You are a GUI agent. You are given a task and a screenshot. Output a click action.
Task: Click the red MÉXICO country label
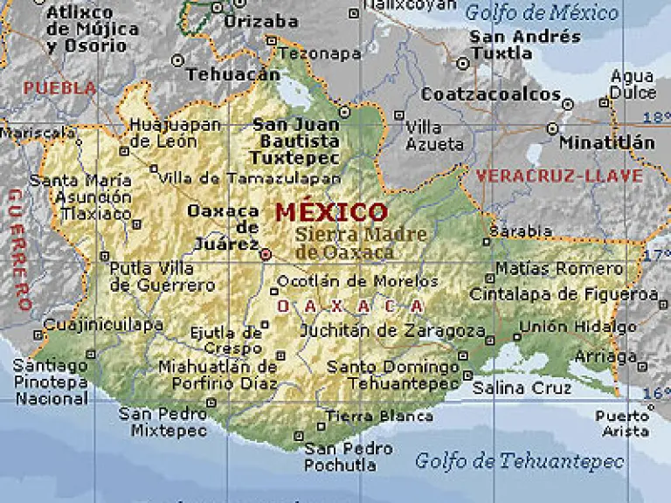331,212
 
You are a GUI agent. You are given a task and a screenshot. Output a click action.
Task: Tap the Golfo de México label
541,12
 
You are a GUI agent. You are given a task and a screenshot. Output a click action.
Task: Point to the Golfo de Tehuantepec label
519,460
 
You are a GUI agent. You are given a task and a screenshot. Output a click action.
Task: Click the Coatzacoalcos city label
491,94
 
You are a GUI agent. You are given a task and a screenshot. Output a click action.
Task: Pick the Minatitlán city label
606,141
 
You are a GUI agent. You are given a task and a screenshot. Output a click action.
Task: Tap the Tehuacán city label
232,74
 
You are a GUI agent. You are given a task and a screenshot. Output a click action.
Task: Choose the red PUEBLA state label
59,88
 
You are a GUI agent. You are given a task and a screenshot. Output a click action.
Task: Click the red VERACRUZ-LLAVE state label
559,176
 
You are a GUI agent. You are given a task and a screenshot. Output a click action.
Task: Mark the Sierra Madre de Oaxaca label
359,244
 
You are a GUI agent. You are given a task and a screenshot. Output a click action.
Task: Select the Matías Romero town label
559,268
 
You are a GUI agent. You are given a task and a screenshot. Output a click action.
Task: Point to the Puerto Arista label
623,424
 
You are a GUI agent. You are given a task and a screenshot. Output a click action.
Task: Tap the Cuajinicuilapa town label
103,325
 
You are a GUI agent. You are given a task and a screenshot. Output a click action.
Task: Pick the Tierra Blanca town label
379,417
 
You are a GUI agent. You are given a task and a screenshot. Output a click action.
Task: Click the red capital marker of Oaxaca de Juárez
266,254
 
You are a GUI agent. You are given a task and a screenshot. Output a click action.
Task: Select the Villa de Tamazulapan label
250,178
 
